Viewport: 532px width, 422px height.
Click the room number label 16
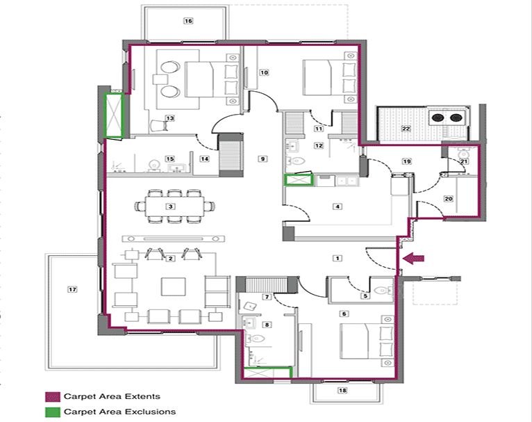click(x=188, y=21)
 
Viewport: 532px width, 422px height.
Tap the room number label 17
click(x=71, y=288)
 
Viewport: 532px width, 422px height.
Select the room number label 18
click(x=342, y=391)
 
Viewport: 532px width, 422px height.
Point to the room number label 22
click(x=406, y=129)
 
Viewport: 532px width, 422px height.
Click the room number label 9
click(x=262, y=159)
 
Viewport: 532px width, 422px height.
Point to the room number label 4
click(x=338, y=206)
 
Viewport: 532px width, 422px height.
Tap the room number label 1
click(x=338, y=258)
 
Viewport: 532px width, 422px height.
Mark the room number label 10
click(x=264, y=72)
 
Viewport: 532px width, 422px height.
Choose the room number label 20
click(x=448, y=199)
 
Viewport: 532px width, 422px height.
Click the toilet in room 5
click(x=379, y=286)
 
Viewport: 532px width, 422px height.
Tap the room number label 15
click(x=169, y=159)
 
